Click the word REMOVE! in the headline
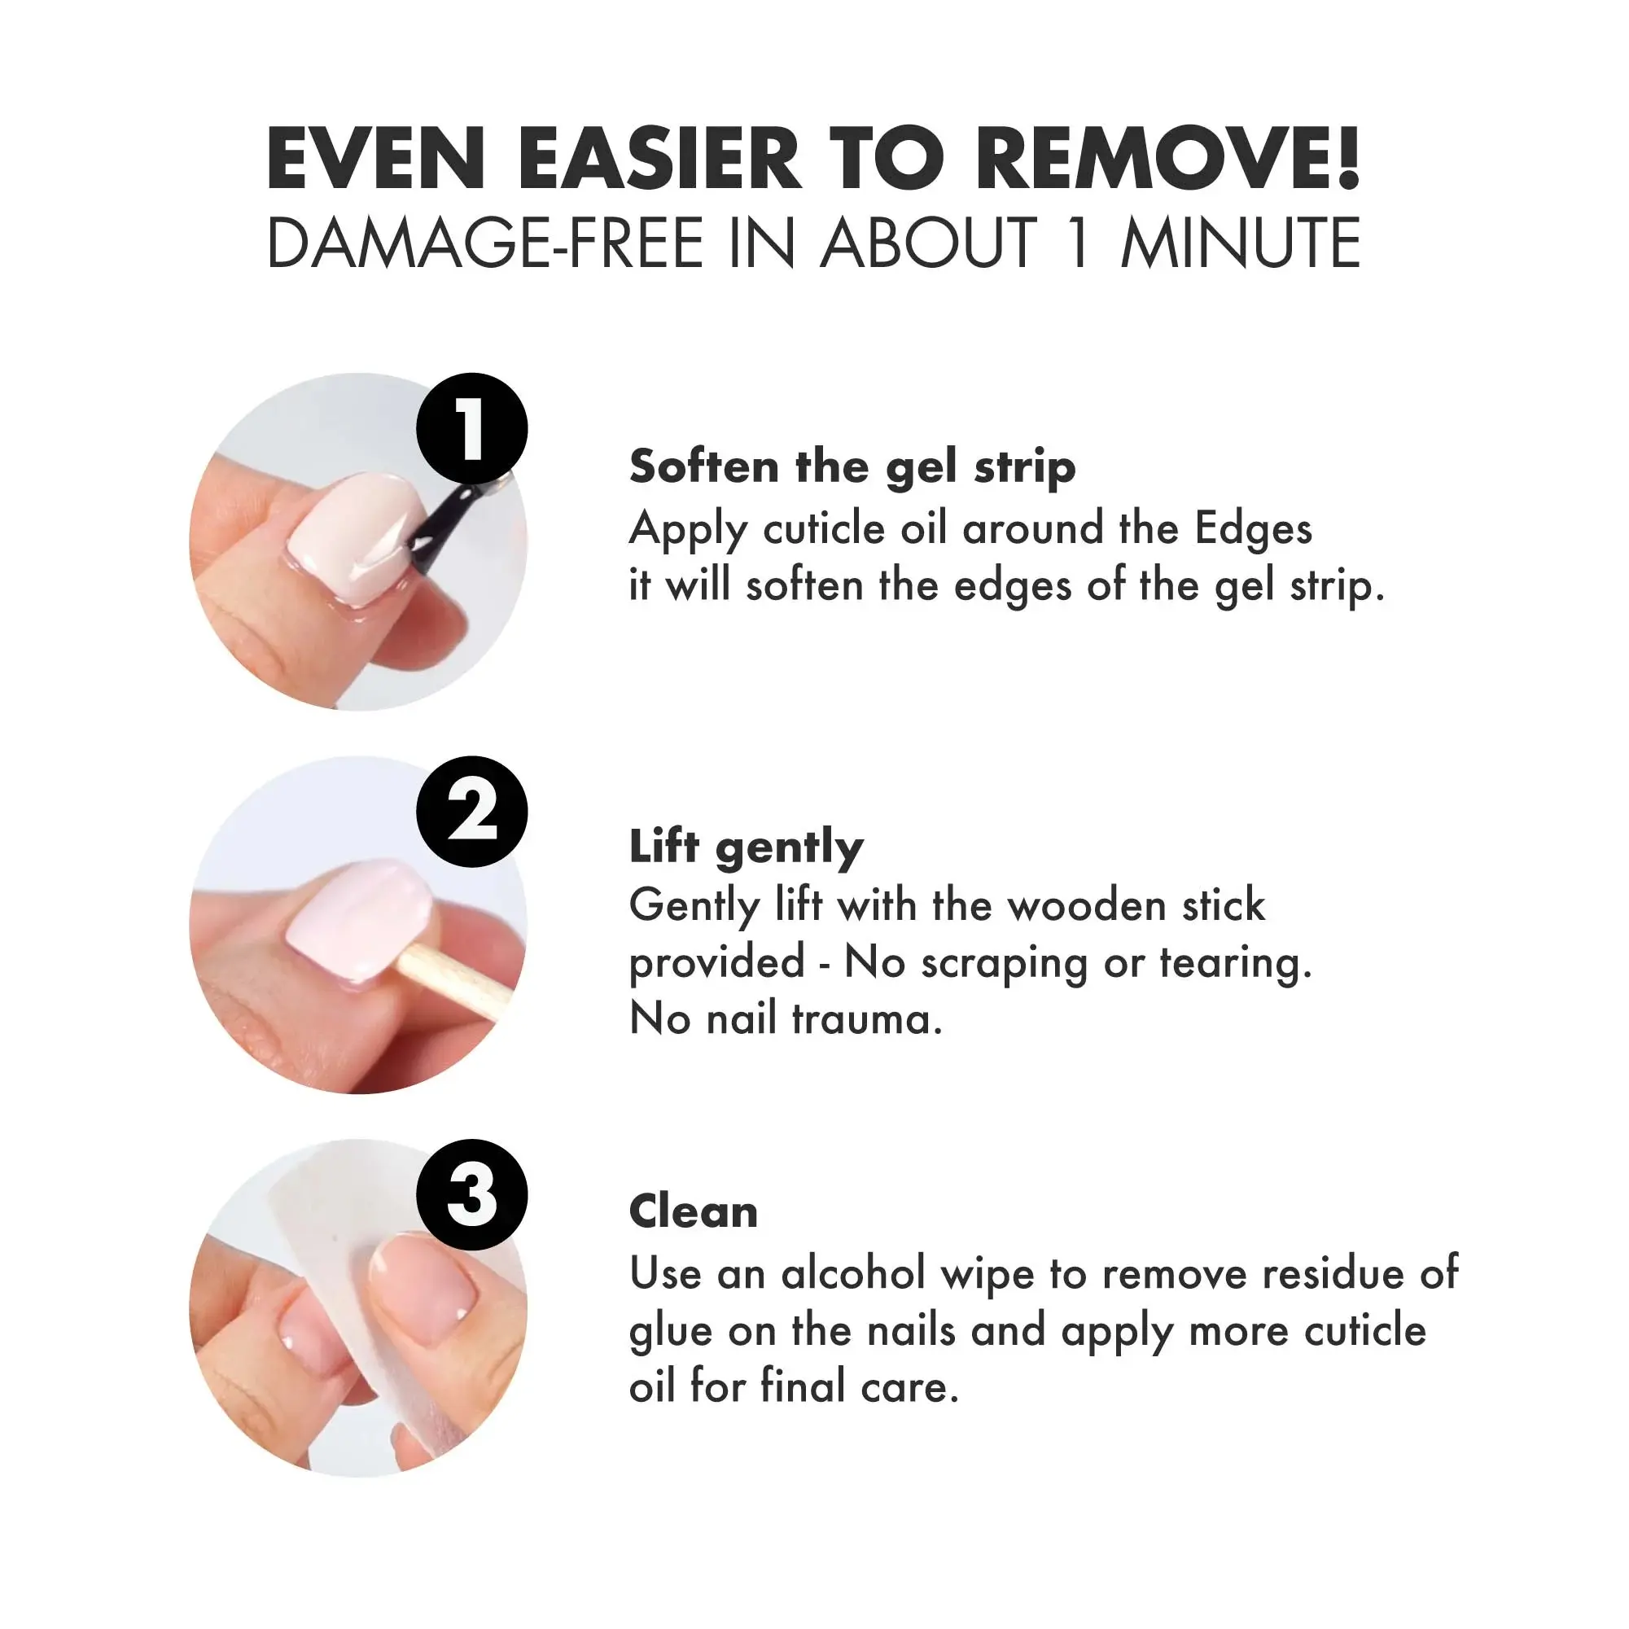[1167, 159]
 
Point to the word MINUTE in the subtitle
[1241, 243]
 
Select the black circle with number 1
[472, 429]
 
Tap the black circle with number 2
[472, 812]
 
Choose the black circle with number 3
[472, 1195]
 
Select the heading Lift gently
[747, 848]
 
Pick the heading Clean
[693, 1211]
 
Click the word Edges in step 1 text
[1254, 530]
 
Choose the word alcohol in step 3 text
[853, 1272]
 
